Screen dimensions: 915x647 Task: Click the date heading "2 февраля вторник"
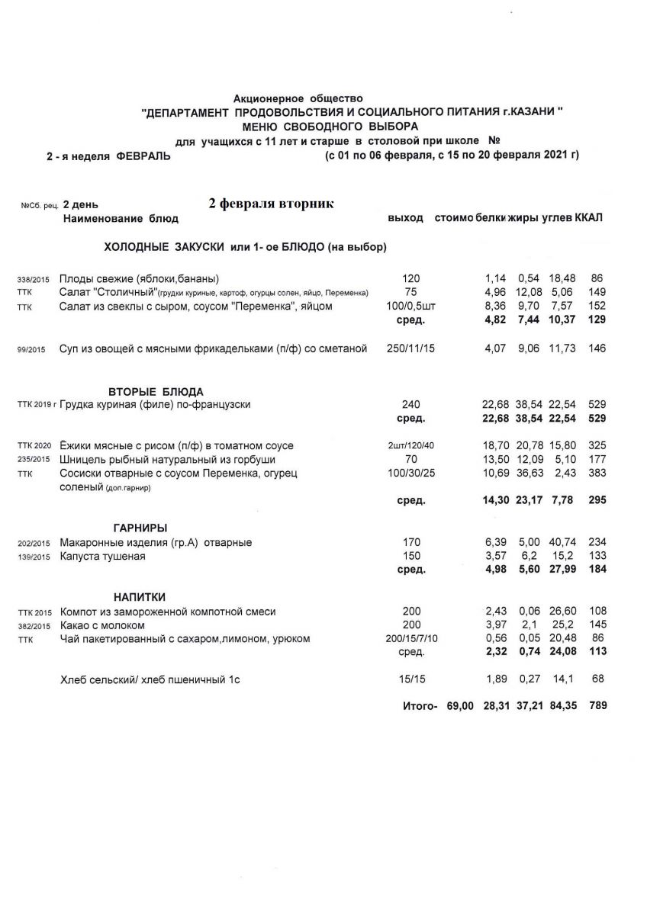coord(271,204)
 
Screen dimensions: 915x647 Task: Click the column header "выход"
coord(405,218)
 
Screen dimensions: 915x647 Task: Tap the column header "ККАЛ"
coord(589,218)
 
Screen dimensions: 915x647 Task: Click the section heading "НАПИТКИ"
coord(140,596)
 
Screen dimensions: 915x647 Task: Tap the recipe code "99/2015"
coord(31,350)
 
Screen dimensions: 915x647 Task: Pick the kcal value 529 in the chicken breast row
coord(597,404)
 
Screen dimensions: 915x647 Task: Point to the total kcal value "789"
coord(597,706)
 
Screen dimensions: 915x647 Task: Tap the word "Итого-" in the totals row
coord(420,706)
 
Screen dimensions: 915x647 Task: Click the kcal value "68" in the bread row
coord(597,678)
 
